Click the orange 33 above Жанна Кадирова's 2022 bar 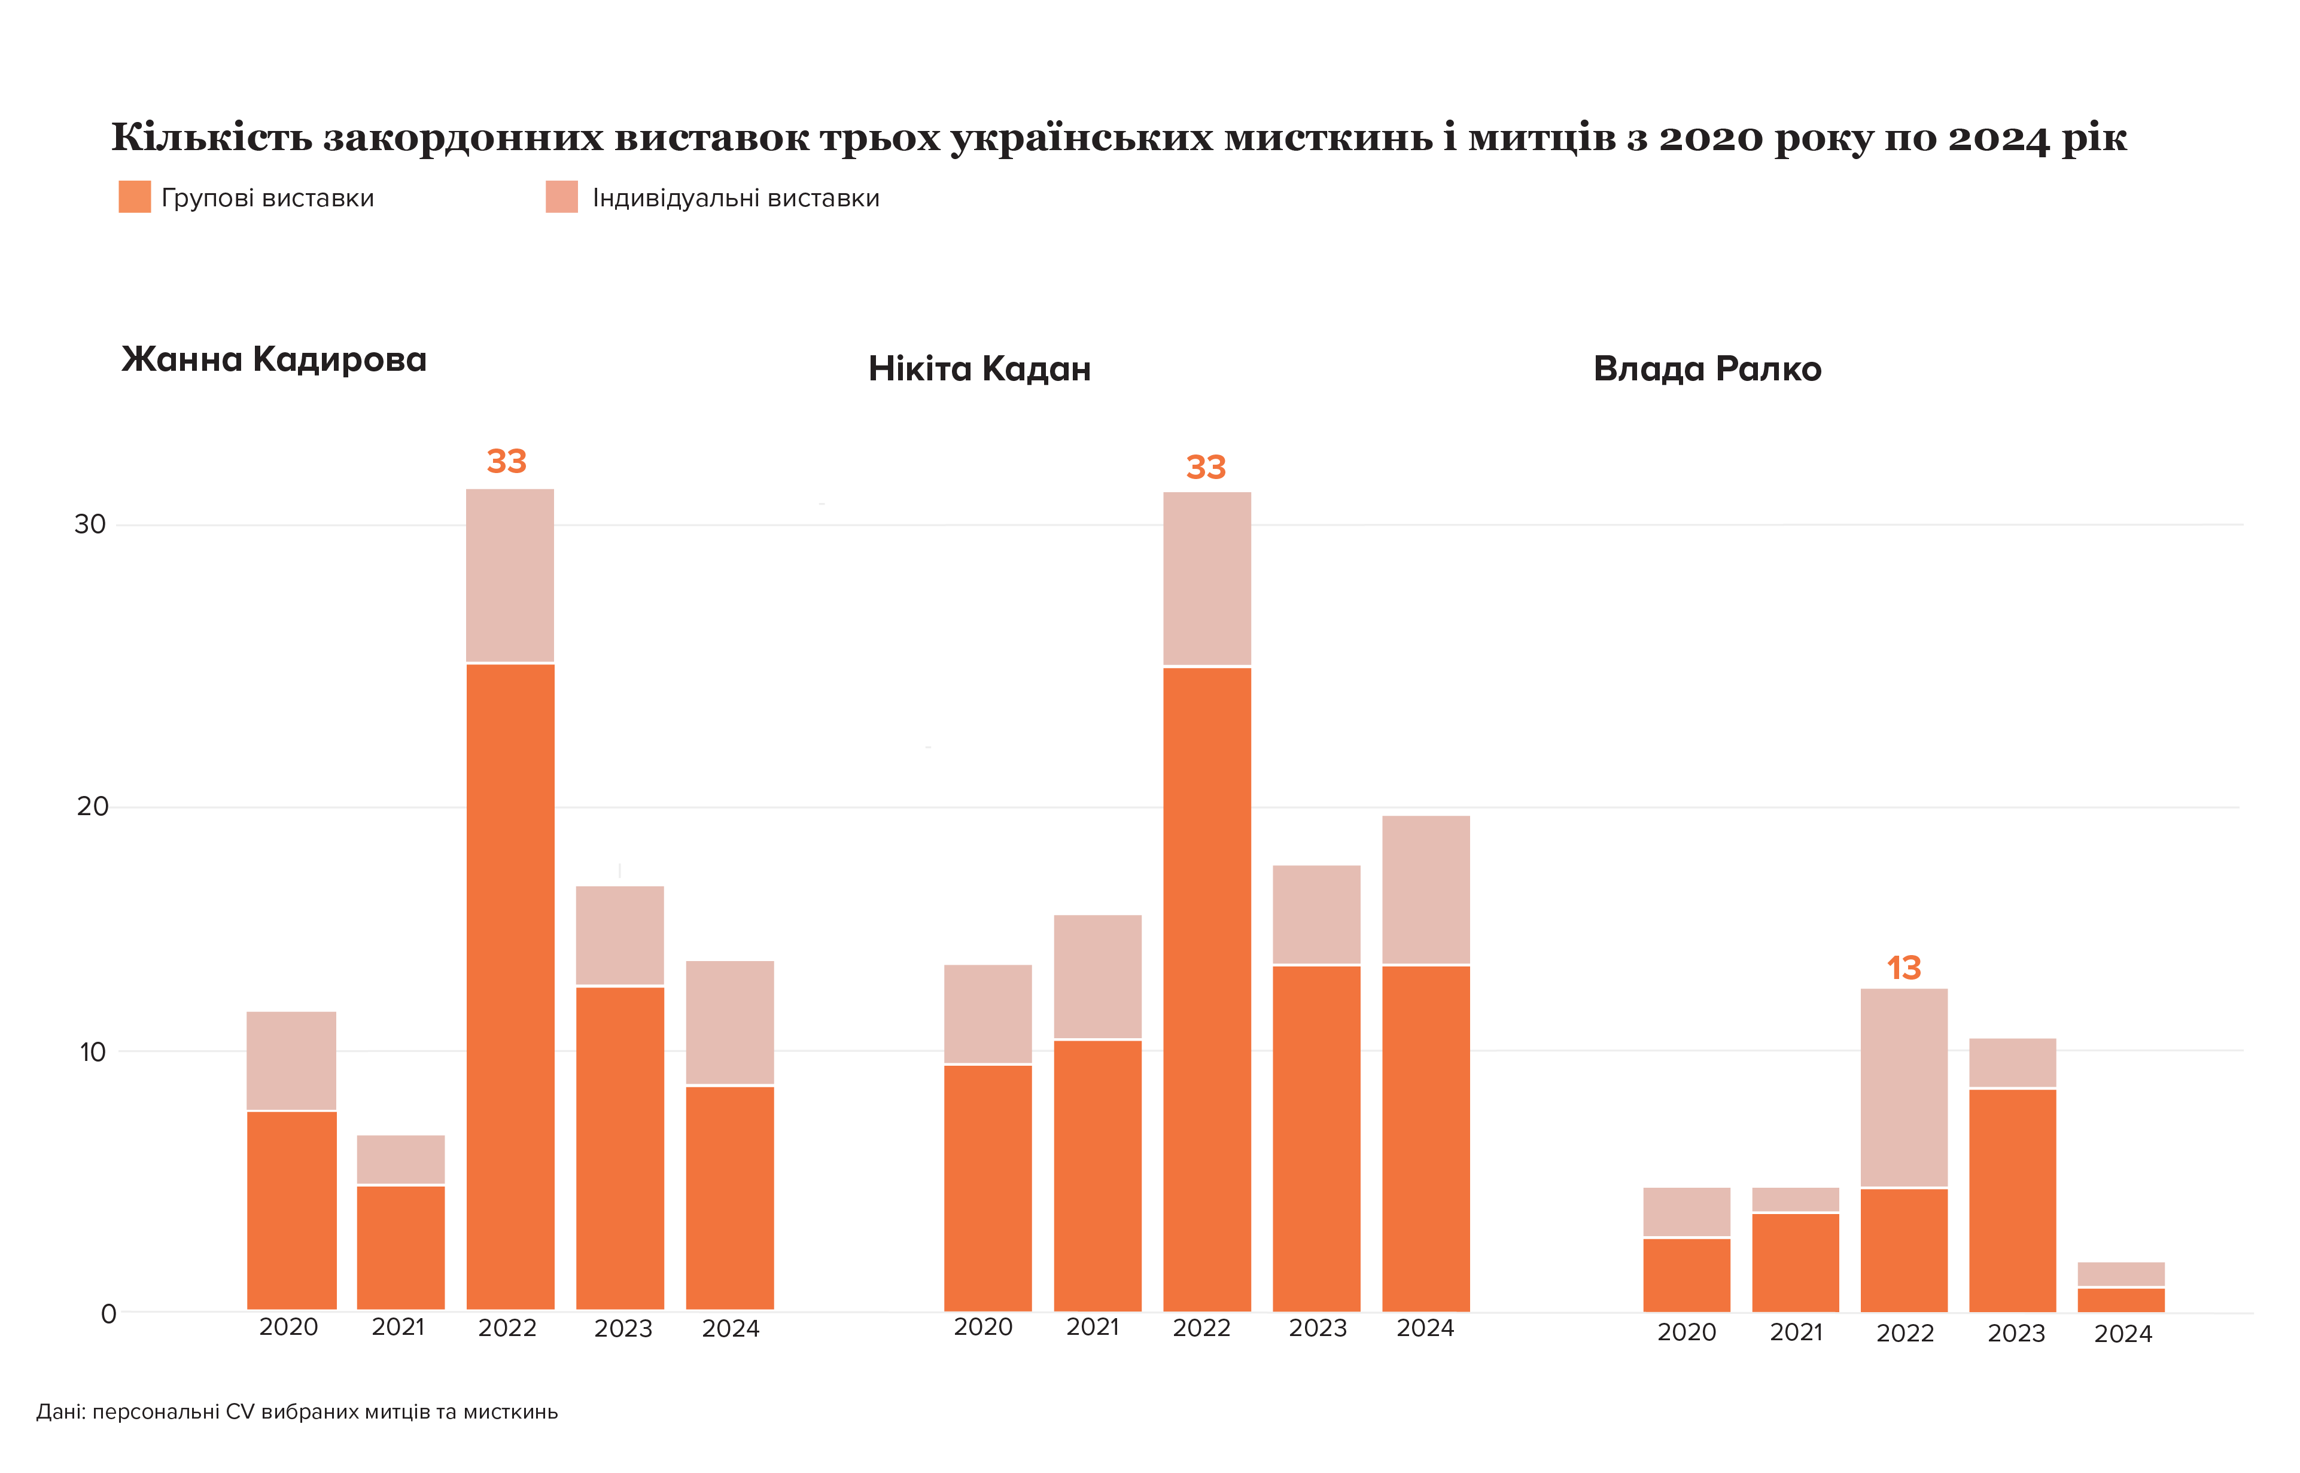506,462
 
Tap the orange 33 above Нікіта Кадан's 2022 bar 1206,468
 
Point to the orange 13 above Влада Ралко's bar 1904,968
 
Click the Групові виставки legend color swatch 134,197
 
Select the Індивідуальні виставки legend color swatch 562,197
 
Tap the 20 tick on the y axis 92,806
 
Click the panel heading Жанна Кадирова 273,359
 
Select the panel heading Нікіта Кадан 979,369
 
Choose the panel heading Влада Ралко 1707,369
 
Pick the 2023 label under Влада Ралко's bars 2016,1333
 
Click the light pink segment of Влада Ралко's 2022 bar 1904,1087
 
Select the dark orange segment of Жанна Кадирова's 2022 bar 510,985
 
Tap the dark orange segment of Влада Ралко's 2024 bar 2121,1301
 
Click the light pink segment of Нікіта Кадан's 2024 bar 1426,889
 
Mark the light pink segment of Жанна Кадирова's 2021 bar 401,1159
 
